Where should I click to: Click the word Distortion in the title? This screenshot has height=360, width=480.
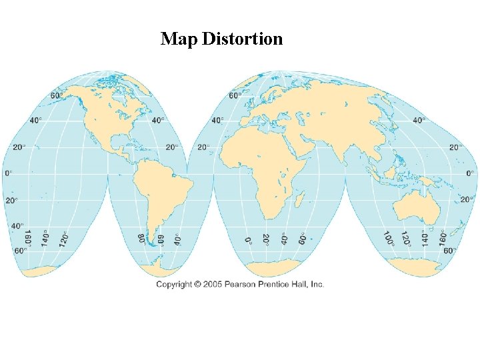(242, 39)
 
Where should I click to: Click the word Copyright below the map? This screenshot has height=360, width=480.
(175, 285)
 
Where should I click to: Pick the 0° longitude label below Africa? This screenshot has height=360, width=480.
(248, 239)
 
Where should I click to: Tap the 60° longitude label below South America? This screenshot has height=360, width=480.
(161, 239)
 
